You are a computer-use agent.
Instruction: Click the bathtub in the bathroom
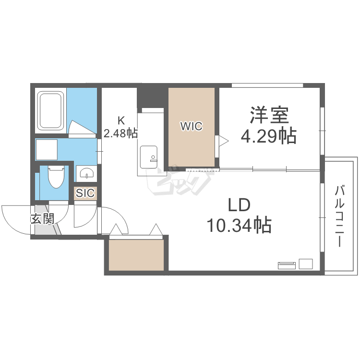point(50,111)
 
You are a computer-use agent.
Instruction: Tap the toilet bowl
point(56,177)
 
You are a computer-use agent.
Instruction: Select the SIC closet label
point(85,193)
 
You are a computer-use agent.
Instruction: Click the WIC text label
point(192,126)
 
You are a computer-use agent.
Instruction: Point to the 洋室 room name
point(269,115)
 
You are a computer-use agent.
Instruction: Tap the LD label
point(239,205)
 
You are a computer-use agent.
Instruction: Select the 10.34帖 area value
point(239,225)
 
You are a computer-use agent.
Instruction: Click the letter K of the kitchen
point(121,120)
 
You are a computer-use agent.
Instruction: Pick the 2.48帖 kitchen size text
point(120,133)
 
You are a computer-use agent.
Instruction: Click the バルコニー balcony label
point(339,216)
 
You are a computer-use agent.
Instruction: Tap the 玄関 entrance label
point(42,218)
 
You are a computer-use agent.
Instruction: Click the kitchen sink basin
point(148,157)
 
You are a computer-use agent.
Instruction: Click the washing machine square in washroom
point(47,150)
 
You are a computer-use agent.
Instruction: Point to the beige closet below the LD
point(136,255)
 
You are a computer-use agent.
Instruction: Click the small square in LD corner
point(306,264)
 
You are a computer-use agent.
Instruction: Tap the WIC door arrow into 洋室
point(223,141)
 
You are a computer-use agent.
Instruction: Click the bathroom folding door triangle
point(82,127)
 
